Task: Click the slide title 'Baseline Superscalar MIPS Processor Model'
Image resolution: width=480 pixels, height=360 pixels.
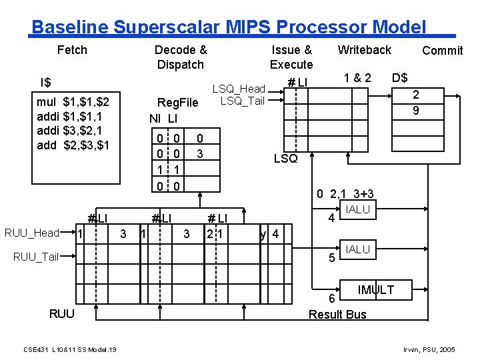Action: pyautogui.click(x=229, y=27)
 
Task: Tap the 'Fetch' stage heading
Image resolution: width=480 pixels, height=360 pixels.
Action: pyautogui.click(x=72, y=50)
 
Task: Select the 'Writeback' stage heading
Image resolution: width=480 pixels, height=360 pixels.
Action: pyautogui.click(x=364, y=50)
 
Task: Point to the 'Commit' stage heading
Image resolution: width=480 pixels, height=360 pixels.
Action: pyautogui.click(x=442, y=51)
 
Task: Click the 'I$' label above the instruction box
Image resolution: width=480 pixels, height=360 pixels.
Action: pyautogui.click(x=45, y=83)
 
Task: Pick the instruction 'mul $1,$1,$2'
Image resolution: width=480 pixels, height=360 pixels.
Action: pyautogui.click(x=73, y=103)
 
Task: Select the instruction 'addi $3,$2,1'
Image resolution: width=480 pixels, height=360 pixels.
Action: pyautogui.click(x=73, y=131)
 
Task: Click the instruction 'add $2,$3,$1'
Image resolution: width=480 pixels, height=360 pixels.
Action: pyautogui.click(x=73, y=145)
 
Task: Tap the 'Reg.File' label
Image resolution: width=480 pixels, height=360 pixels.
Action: pyautogui.click(x=177, y=103)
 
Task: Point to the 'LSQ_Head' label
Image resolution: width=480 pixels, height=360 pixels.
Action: pyautogui.click(x=238, y=89)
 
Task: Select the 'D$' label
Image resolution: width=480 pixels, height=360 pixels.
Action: pyautogui.click(x=400, y=77)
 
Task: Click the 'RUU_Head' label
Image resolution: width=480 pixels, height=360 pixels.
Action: pyautogui.click(x=32, y=233)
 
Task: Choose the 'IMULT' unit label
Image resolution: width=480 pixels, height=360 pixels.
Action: pyautogui.click(x=375, y=289)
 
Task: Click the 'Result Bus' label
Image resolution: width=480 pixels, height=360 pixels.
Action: pyautogui.click(x=337, y=315)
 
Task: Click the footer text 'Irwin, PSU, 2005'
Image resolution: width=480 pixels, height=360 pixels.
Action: pyautogui.click(x=429, y=349)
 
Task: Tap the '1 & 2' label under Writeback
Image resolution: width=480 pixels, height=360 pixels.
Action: pyautogui.click(x=357, y=77)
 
